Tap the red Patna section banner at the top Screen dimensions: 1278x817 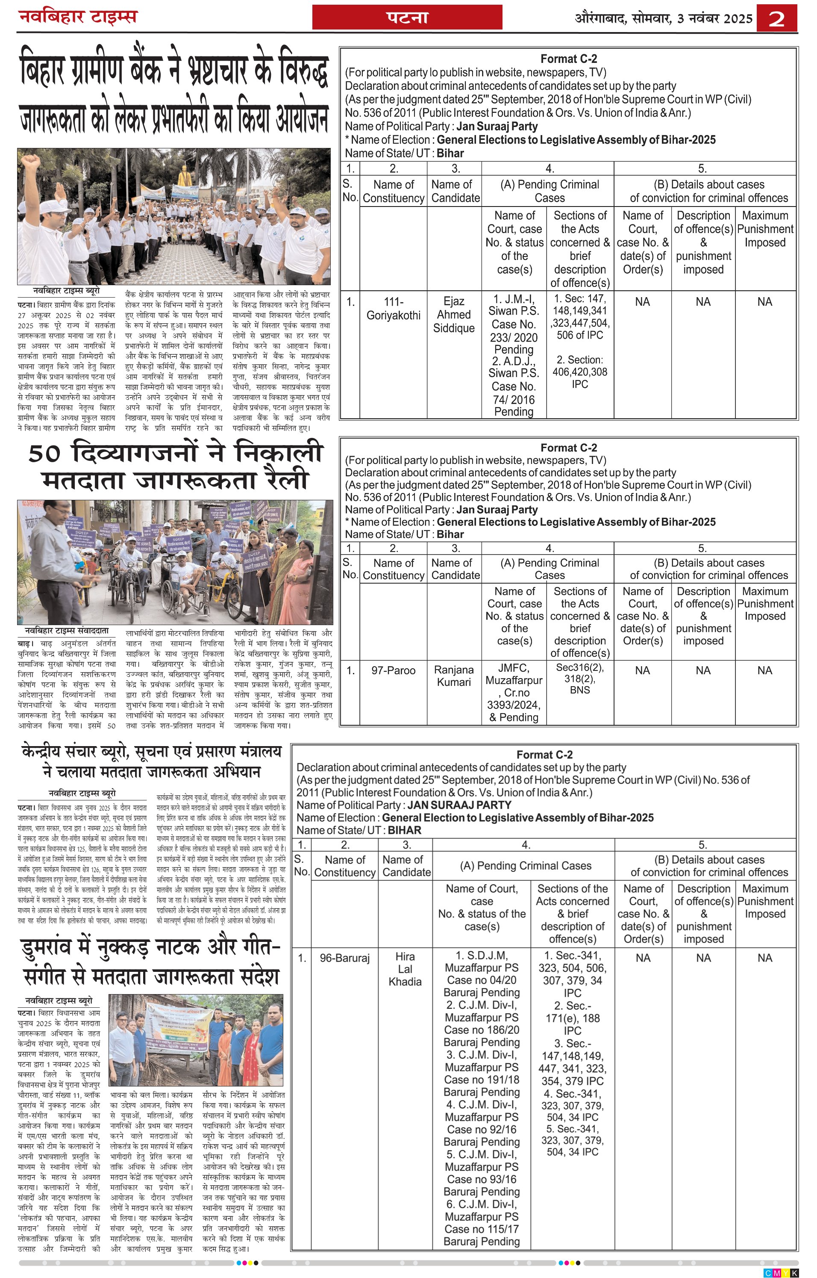[407, 18]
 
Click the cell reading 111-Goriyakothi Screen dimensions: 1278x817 [393, 308]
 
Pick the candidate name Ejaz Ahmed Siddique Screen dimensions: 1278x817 [454, 315]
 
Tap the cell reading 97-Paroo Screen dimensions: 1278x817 [393, 670]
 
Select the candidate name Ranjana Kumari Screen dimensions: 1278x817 [454, 676]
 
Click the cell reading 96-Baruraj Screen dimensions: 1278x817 [344, 958]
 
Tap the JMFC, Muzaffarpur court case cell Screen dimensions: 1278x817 [514, 692]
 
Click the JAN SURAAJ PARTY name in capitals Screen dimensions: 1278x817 [459, 805]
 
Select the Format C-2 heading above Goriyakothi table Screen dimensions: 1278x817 [568, 59]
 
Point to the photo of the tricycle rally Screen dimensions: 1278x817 [175, 562]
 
